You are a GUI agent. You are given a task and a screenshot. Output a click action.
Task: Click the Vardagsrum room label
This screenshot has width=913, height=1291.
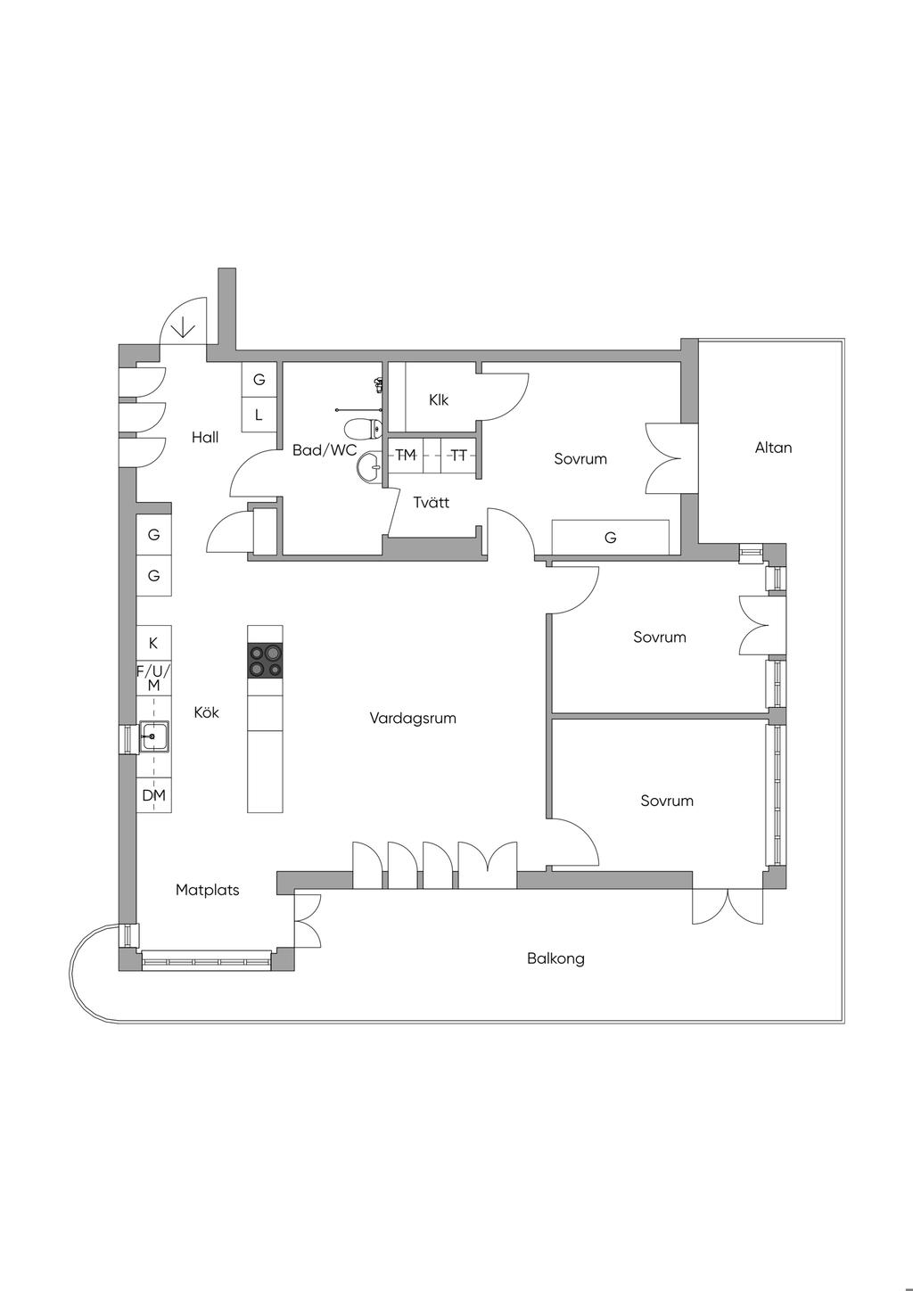coord(413,718)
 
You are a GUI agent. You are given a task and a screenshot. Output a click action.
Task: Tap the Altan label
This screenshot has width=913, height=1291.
coord(774,448)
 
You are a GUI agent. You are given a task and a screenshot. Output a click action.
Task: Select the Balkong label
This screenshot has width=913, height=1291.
coord(555,959)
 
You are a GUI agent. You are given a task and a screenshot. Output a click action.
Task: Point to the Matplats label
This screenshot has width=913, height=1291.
coord(208,891)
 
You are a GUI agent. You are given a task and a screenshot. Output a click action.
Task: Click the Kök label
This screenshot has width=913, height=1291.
coord(206,712)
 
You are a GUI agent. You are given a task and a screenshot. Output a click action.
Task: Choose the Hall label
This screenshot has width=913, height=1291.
coord(205,438)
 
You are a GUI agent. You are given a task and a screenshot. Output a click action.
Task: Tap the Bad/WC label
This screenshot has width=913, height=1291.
coord(325,450)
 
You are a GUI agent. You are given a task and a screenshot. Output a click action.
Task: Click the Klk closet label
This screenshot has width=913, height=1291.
coord(439,399)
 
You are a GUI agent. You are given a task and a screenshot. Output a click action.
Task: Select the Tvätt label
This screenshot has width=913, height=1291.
coord(432,503)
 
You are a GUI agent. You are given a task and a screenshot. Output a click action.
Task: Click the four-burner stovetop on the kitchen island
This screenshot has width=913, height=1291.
coord(265,661)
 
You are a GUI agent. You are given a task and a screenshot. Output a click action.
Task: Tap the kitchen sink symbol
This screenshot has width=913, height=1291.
coord(154,737)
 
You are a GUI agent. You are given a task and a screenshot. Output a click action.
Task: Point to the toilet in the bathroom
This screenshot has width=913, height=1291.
coord(363,429)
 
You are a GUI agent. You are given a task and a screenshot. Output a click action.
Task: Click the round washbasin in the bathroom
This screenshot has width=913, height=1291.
coord(369,466)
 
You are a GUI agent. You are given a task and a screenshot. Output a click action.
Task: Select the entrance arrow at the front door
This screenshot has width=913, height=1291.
coord(184,327)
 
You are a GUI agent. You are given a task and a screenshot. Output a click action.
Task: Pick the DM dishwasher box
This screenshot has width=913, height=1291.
coord(154,796)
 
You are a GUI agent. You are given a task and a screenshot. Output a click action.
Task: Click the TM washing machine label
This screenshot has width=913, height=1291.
coord(406,456)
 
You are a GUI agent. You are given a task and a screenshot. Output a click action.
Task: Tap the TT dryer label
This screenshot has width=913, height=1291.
coord(458,456)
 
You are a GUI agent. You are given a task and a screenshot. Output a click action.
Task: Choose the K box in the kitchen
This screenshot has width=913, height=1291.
coord(154,643)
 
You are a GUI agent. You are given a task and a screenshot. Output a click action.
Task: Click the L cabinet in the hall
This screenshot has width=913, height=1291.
coord(259,415)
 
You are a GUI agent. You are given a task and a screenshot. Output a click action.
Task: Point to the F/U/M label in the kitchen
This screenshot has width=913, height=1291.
coord(154,678)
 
